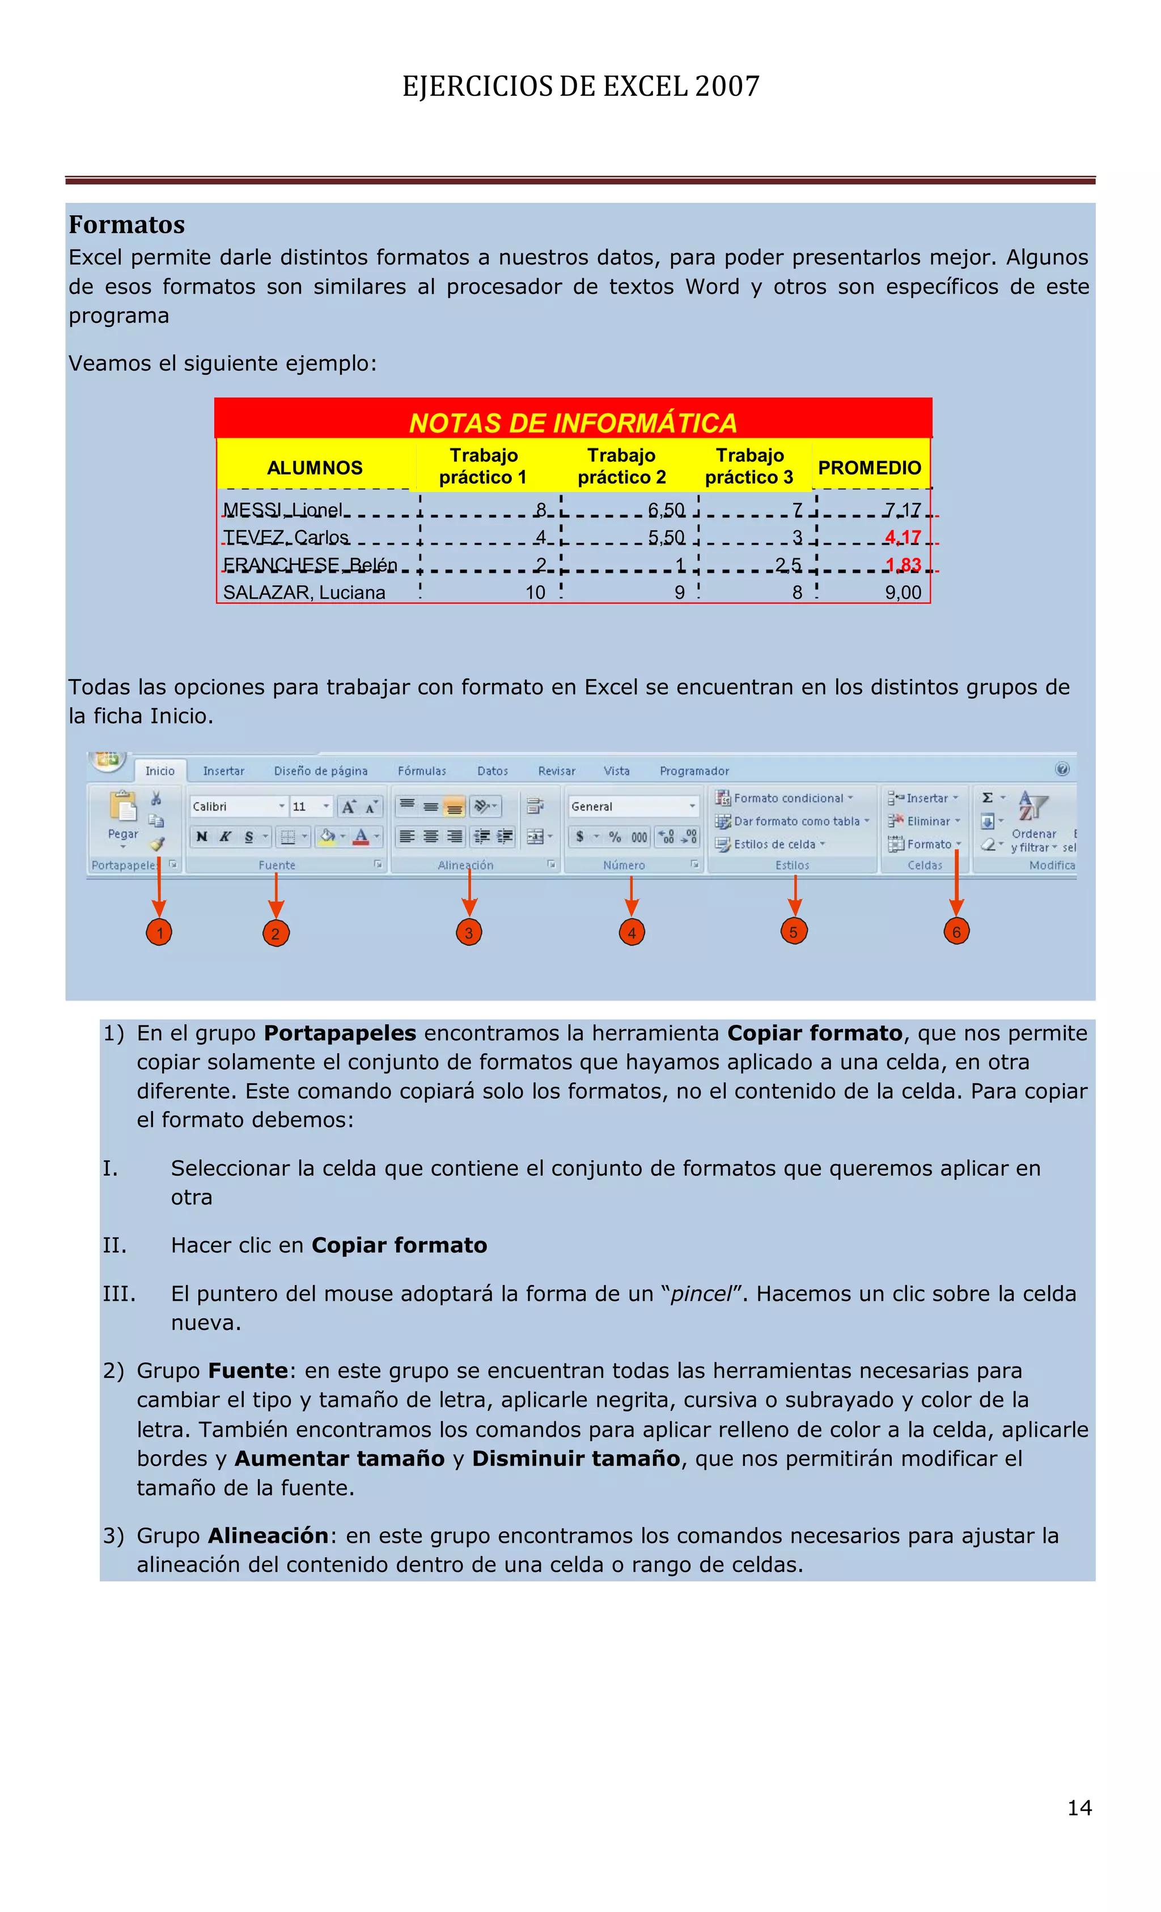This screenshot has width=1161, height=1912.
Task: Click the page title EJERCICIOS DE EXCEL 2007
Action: point(580,86)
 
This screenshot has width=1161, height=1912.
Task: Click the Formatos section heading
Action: point(126,225)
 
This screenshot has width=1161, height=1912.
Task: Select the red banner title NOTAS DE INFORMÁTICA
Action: point(573,423)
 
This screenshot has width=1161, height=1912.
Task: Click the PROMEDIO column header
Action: point(869,468)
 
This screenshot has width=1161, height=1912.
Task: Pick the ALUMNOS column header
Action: point(314,468)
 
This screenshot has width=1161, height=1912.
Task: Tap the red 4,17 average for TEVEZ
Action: point(902,537)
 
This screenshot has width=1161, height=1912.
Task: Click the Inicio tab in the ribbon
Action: point(160,770)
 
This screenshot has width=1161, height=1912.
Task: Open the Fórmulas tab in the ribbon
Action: point(421,770)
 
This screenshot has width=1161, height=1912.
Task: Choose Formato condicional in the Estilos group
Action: point(788,798)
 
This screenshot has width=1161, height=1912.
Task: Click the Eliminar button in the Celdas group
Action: point(927,821)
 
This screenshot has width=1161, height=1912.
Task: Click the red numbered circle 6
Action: point(956,932)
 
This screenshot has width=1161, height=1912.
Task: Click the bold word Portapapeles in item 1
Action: point(340,1033)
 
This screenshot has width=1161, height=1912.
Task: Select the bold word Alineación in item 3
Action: point(268,1536)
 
